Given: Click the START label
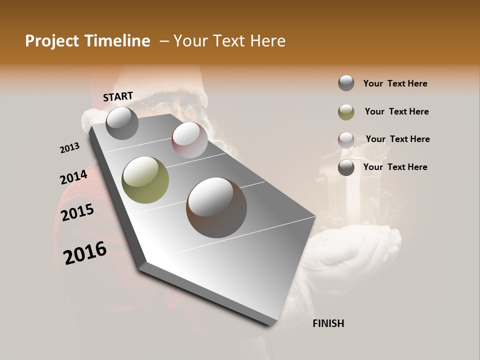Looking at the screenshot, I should click(x=118, y=96).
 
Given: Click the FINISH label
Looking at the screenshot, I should click(x=328, y=323).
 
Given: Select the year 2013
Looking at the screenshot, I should click(x=70, y=147).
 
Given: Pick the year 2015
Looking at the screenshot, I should click(x=77, y=212).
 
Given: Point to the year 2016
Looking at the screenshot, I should click(x=85, y=253).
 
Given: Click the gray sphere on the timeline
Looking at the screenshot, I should click(x=122, y=123).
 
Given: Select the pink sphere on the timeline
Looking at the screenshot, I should click(x=189, y=140).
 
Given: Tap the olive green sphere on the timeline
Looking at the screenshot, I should click(x=145, y=180).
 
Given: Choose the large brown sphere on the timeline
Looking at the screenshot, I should click(x=216, y=207).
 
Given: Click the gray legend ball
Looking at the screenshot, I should click(x=346, y=83).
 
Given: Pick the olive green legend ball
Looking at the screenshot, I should click(x=346, y=112).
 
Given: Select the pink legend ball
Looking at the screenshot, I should click(x=346, y=140).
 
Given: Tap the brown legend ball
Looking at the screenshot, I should click(x=346, y=167).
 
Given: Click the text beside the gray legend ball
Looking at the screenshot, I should click(x=395, y=83).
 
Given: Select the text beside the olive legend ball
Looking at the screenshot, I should click(x=396, y=111).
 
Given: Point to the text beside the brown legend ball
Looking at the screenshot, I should click(x=395, y=167).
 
